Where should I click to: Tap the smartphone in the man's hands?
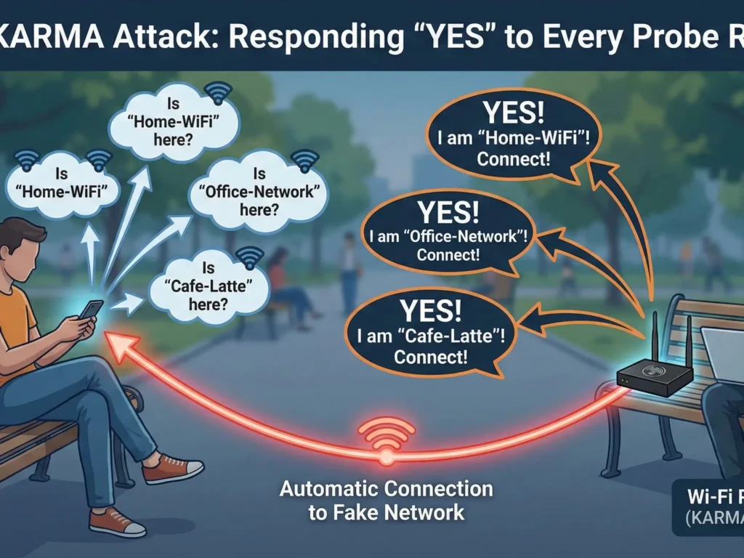[92, 310]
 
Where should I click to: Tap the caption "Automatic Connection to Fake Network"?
[386, 500]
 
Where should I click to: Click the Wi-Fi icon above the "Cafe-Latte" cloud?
[249, 258]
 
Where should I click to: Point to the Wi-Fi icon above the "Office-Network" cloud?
[304, 160]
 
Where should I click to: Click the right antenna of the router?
[688, 346]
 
